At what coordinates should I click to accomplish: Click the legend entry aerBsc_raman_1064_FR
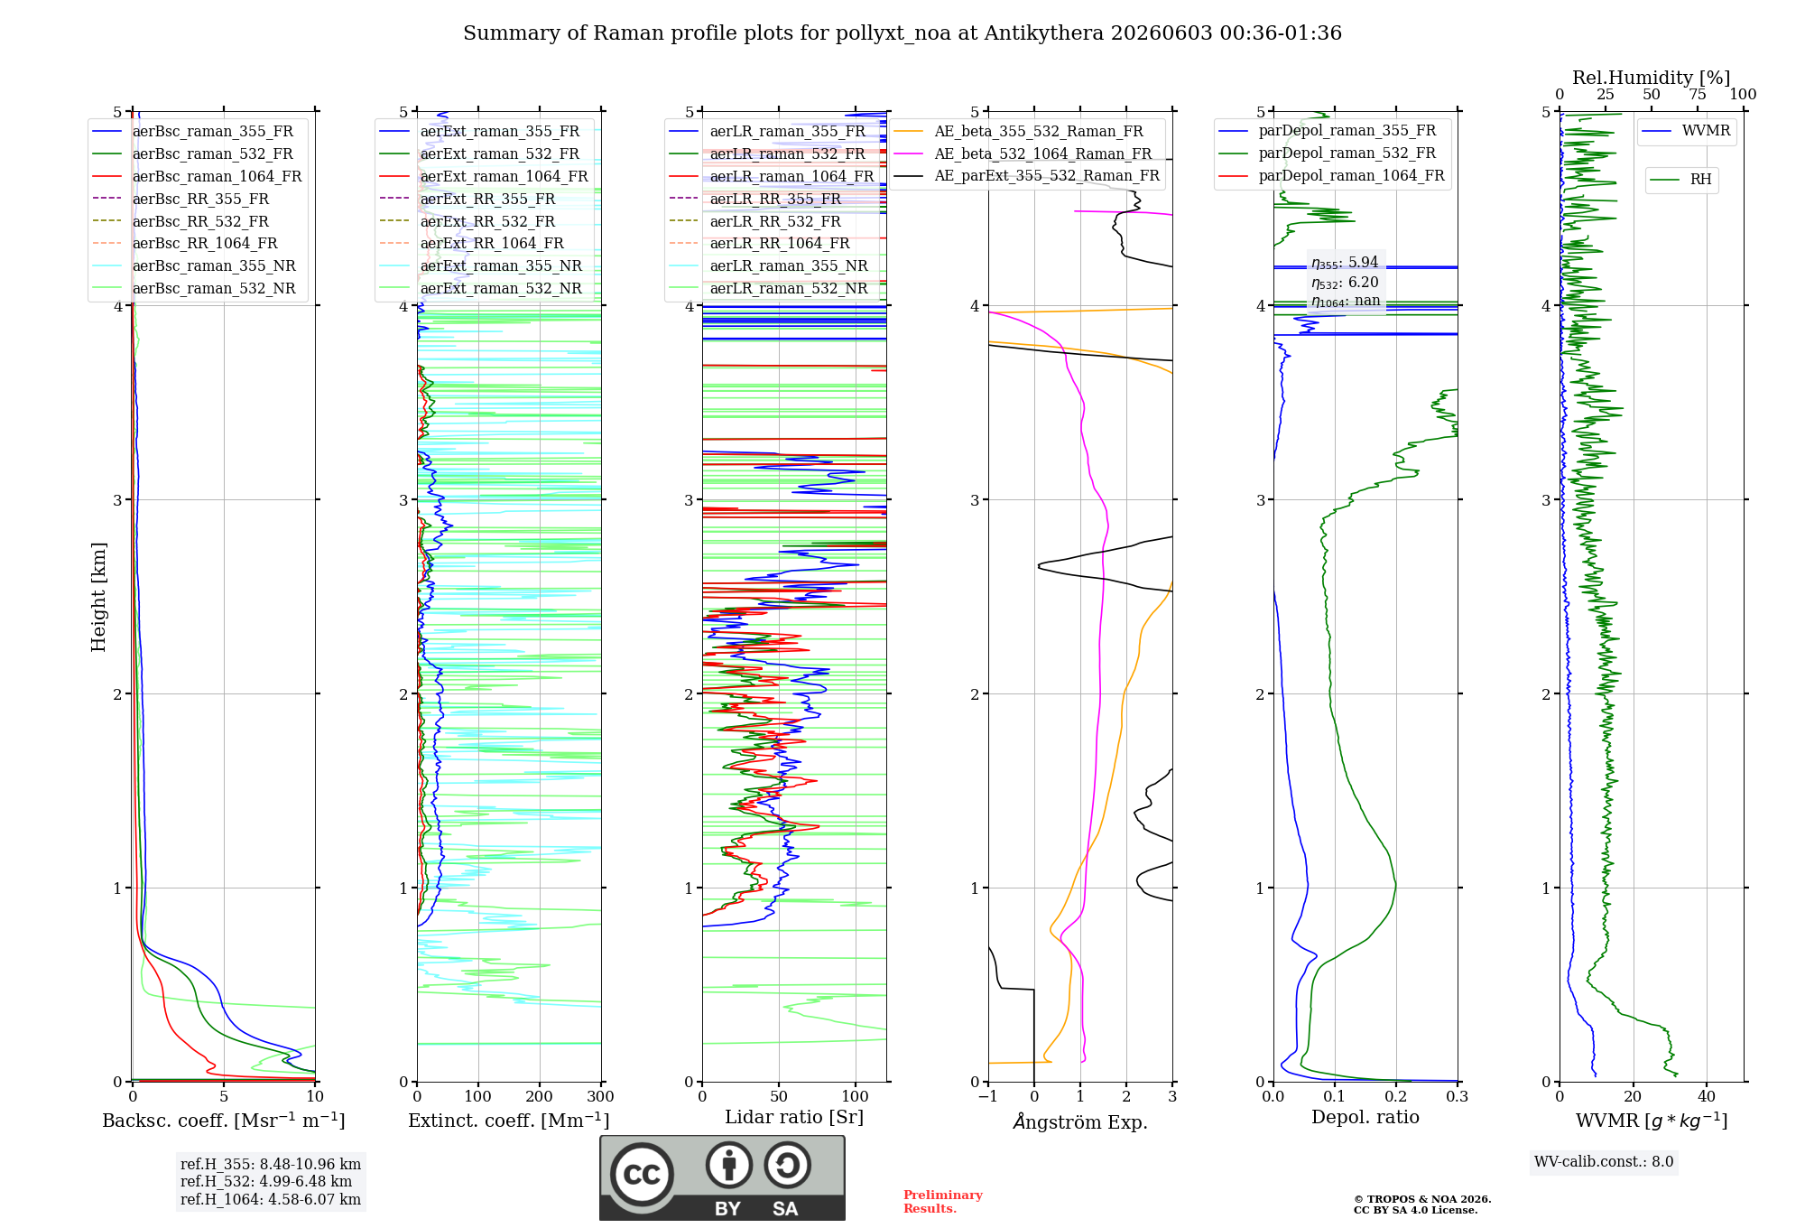pos(197,176)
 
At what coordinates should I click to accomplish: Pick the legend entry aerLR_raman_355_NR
pos(768,265)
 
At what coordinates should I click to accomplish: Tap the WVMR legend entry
pos(1686,131)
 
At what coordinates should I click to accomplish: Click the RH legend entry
pos(1681,180)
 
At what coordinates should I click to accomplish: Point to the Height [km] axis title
pos(98,597)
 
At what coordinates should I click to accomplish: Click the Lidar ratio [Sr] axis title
pos(794,1117)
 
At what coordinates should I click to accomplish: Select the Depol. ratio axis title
pos(1365,1117)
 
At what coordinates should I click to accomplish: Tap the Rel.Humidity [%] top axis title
pos(1652,78)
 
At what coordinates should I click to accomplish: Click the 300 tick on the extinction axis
pos(601,1096)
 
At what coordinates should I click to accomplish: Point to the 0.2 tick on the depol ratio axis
pos(1396,1096)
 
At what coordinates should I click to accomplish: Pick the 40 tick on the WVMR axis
pos(1707,1096)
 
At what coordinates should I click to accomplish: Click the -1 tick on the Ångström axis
pos(988,1096)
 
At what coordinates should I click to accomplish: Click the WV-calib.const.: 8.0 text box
pos(1604,1162)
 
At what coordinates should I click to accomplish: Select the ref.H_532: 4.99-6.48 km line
pos(266,1181)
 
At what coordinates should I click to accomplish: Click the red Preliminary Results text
pos(943,1202)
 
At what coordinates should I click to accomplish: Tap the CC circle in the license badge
pos(642,1175)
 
